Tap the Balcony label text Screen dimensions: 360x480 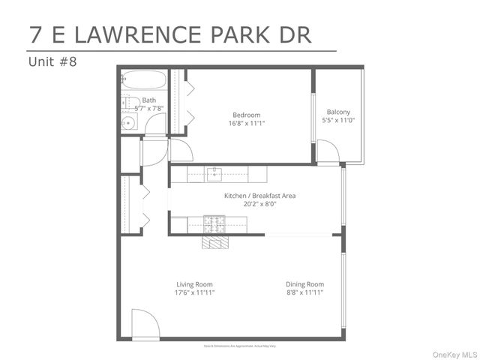click(x=338, y=112)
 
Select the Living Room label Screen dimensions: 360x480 click(x=195, y=284)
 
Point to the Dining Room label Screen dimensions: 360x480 click(x=304, y=284)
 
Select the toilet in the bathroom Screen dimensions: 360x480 click(x=128, y=103)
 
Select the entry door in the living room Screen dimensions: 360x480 click(x=145, y=325)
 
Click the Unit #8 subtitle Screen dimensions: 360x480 click(x=52, y=61)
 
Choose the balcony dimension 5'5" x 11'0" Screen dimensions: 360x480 click(x=338, y=120)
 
